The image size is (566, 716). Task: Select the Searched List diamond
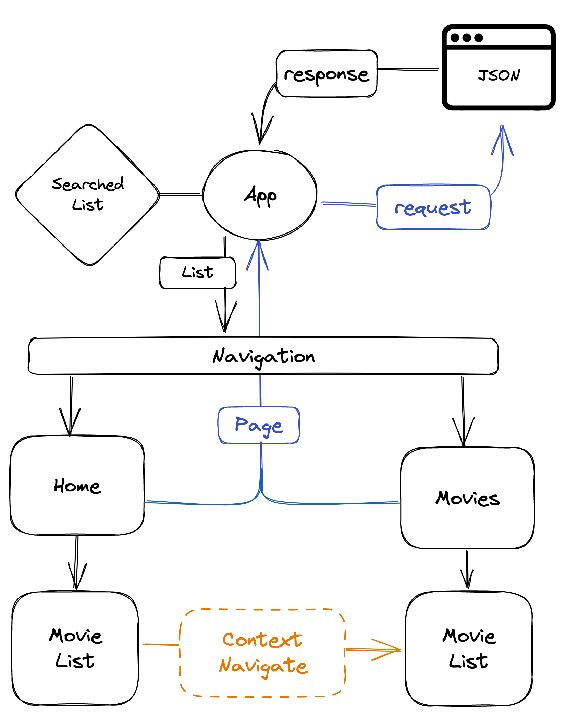[88, 195]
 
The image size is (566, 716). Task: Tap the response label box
[327, 74]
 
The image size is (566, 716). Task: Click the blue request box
[433, 207]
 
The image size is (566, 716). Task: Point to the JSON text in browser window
[499, 75]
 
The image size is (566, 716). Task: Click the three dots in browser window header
[467, 38]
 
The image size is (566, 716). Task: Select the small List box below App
[198, 273]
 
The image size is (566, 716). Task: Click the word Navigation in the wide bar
[263, 356]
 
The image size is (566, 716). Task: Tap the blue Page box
[259, 425]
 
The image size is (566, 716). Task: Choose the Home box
[77, 486]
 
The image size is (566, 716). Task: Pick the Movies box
[467, 498]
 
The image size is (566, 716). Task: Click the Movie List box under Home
[75, 648]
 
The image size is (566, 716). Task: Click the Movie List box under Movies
[469, 648]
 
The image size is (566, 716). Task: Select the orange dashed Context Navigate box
[262, 653]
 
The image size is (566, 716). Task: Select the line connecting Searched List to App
[180, 194]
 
